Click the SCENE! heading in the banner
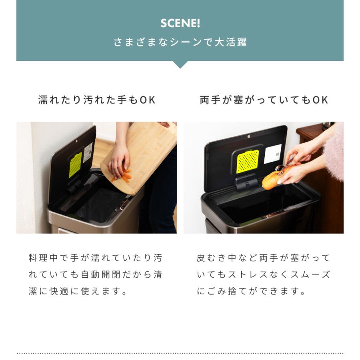[x=180, y=23]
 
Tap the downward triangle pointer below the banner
[x=180, y=64]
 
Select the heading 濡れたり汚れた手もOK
[x=96, y=100]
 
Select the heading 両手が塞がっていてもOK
[x=264, y=100]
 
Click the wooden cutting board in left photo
[x=144, y=152]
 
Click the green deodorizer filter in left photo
[x=75, y=164]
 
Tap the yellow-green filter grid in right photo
[x=247, y=161]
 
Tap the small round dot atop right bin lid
[x=248, y=136]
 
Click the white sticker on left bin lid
[x=88, y=152]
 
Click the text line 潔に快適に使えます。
[x=78, y=291]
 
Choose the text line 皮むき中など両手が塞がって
[x=264, y=258]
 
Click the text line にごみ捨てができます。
[x=251, y=291]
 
